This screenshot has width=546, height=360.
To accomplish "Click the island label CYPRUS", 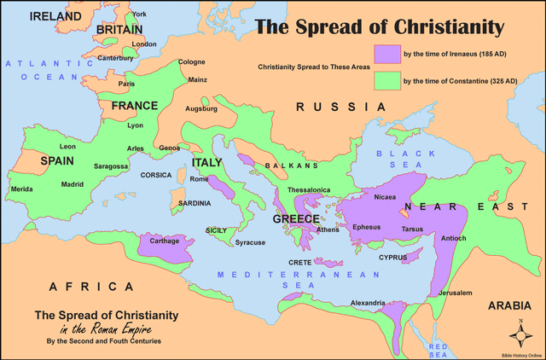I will [392, 256].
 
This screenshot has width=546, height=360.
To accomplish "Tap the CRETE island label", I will [299, 263].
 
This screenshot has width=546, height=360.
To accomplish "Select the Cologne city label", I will [191, 62].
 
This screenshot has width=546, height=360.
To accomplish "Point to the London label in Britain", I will [144, 44].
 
